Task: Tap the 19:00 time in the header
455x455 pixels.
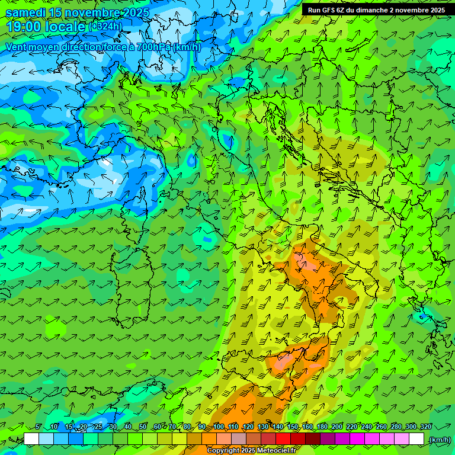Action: tap(24, 27)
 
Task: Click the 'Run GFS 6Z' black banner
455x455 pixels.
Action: tap(376, 10)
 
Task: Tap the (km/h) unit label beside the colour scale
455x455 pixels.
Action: tap(439, 439)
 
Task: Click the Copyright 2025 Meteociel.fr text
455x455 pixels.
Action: tap(251, 450)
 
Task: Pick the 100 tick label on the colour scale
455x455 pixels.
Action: tap(219, 427)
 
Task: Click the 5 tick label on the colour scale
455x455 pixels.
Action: tap(38, 427)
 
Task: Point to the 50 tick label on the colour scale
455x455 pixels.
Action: tap(143, 427)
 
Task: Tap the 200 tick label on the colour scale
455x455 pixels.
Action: tap(337, 427)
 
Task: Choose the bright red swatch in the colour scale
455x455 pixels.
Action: tap(283, 439)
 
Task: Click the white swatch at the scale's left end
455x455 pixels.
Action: tap(31, 439)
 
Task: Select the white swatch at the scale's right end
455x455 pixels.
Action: tap(416, 439)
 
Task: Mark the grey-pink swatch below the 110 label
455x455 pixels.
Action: tap(239, 439)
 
